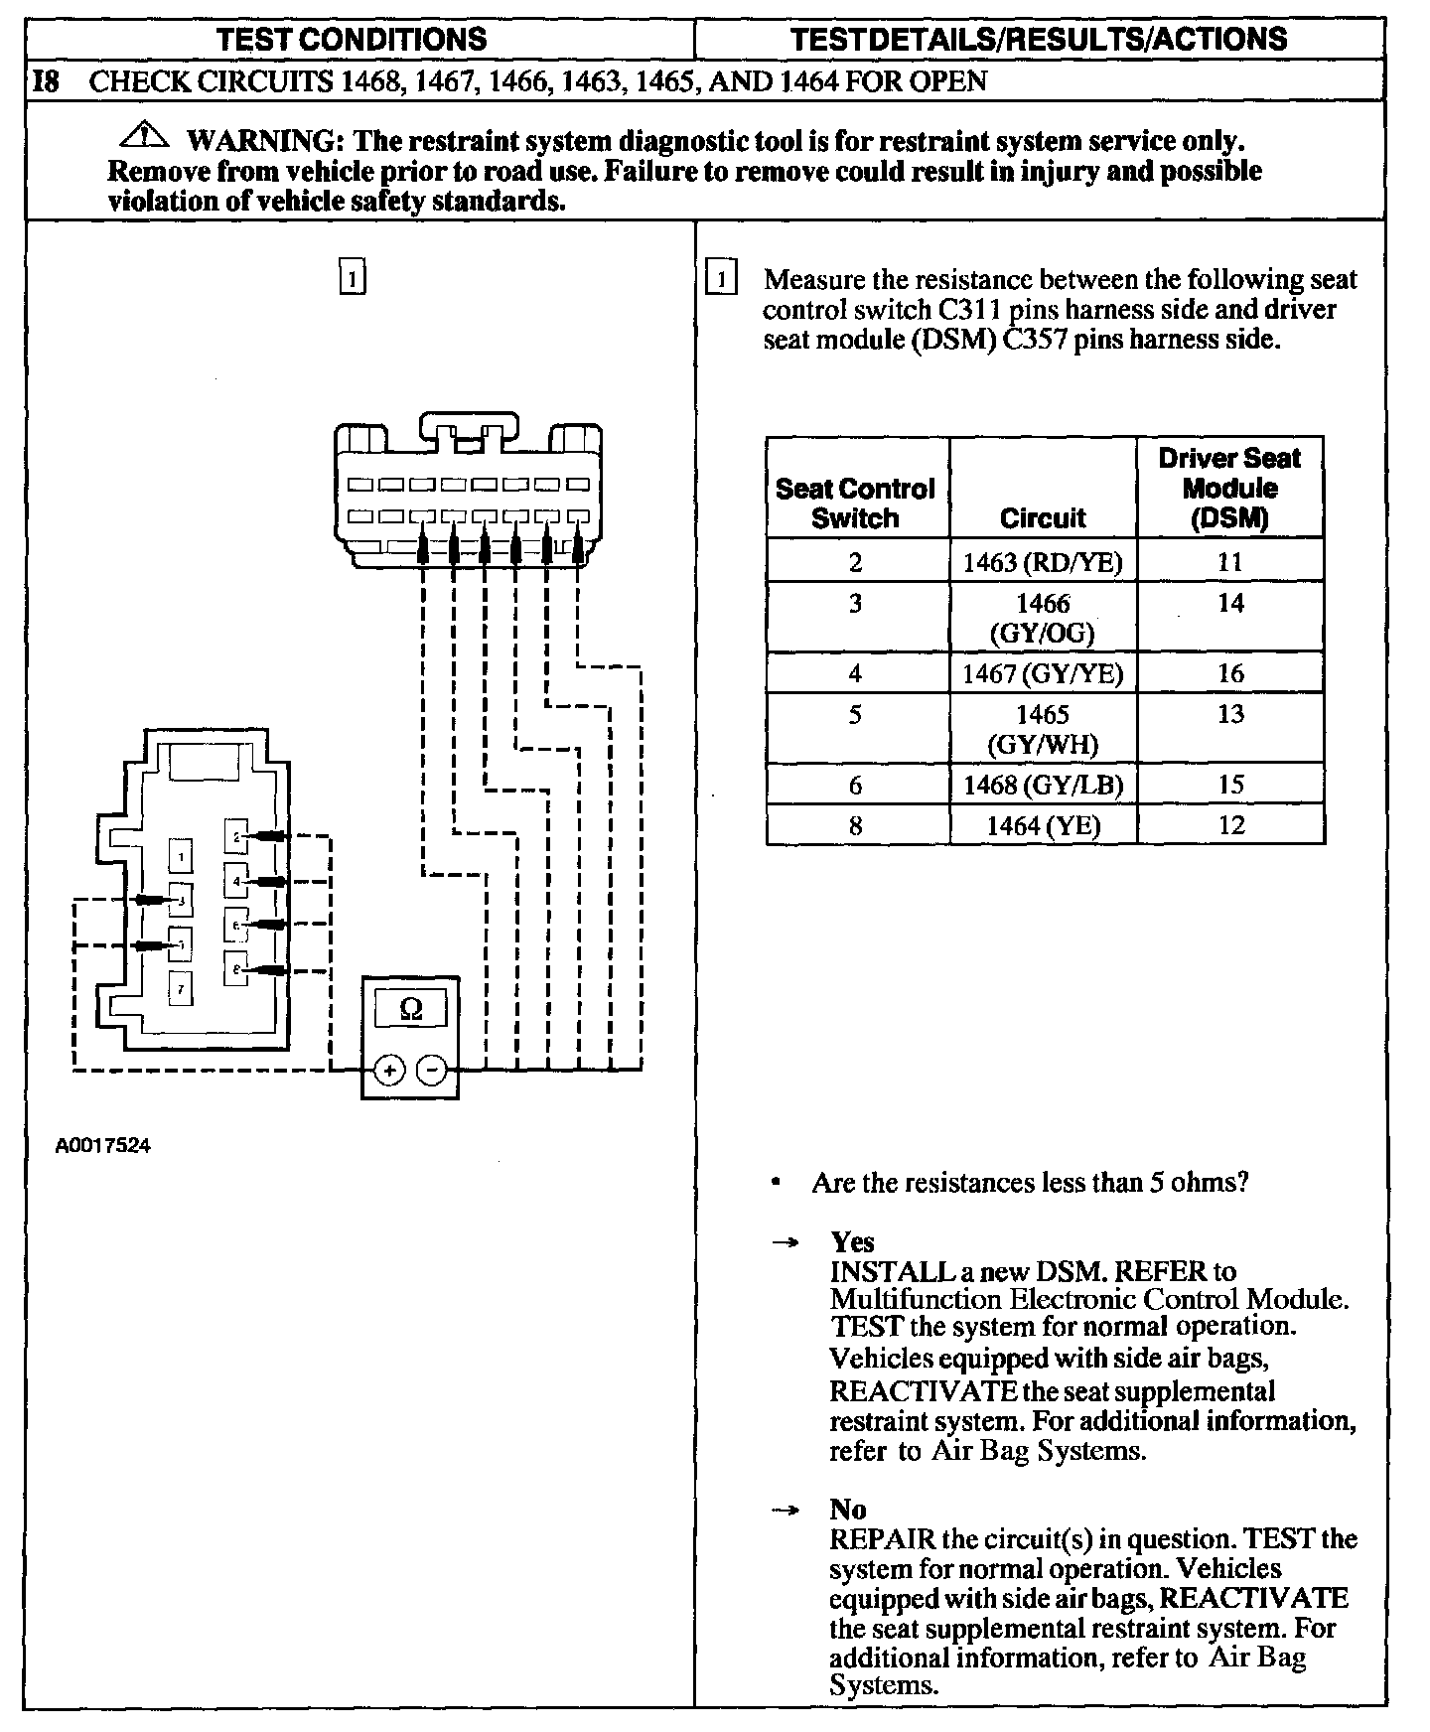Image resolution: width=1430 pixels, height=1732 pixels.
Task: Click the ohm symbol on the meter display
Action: coord(409,1010)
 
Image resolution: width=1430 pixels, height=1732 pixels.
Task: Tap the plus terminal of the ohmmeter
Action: coord(389,1070)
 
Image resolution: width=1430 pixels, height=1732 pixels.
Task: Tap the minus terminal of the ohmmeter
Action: coord(431,1070)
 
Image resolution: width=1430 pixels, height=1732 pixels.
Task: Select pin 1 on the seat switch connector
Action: coord(181,855)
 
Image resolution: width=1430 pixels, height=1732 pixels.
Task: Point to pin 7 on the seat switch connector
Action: coord(181,988)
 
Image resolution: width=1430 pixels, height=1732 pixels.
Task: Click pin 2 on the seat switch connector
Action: coord(236,836)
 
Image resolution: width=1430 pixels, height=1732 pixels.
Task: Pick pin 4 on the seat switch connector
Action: coord(236,881)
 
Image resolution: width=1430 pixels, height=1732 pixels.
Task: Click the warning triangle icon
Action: coord(145,134)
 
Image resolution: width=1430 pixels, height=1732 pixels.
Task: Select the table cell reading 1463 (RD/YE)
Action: coord(1043,563)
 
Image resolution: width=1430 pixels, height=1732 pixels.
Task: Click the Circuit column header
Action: coord(1043,517)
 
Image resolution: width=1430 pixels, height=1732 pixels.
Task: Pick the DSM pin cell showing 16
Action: coord(1230,673)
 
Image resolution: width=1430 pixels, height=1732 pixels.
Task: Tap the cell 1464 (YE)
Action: coord(1043,826)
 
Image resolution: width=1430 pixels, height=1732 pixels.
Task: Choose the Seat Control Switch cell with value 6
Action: coord(855,785)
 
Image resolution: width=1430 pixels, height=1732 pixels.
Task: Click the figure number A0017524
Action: coord(102,1146)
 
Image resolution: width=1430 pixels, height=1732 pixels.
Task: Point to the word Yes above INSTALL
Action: coord(852,1241)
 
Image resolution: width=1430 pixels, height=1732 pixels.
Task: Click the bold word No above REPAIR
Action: coord(847,1509)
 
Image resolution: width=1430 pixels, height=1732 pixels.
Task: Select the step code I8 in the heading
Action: coord(46,80)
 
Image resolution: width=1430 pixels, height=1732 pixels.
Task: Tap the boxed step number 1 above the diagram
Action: coord(353,277)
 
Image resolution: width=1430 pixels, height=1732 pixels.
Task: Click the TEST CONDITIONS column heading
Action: coord(352,39)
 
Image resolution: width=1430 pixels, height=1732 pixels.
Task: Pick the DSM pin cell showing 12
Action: coord(1230,826)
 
